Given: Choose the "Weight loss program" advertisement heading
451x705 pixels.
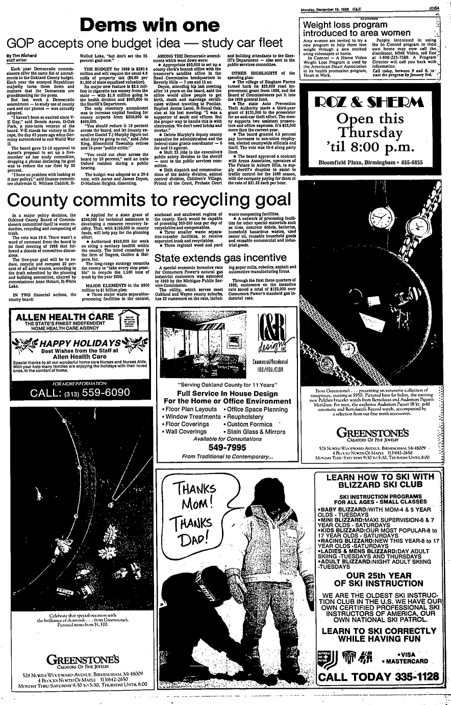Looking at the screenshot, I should (345, 24).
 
